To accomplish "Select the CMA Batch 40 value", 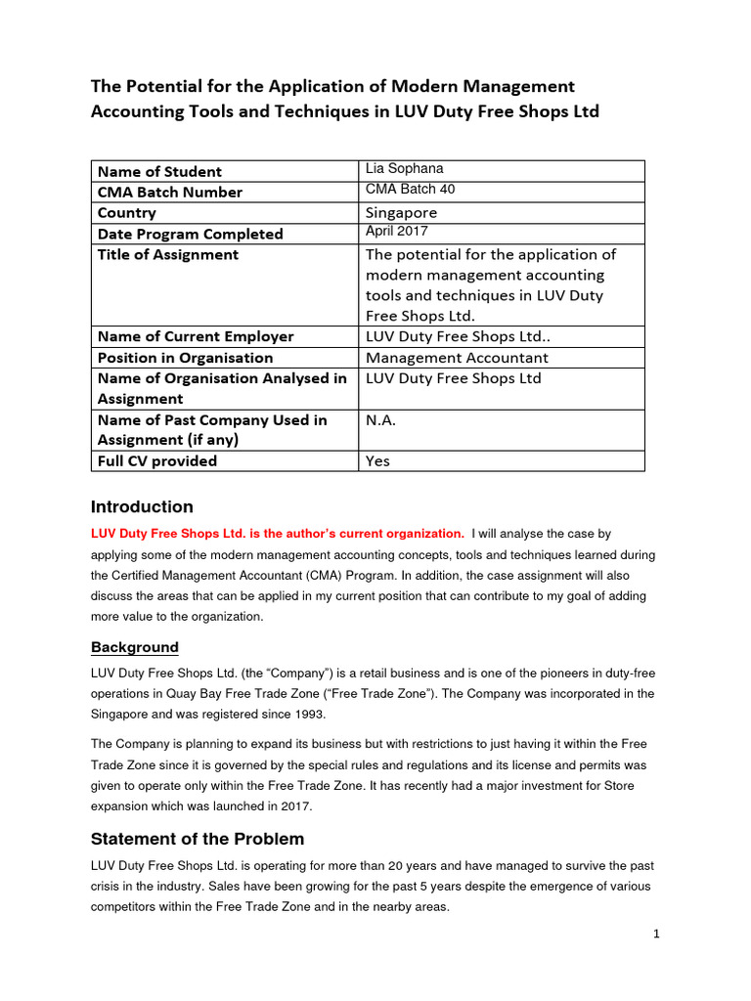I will [x=410, y=189].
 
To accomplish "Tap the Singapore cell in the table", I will [x=401, y=212].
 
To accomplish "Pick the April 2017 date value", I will [x=396, y=231].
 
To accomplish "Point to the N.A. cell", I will [x=380, y=419].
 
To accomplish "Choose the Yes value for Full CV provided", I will [x=377, y=460].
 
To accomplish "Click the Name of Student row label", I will [x=159, y=171].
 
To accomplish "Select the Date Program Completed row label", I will [x=190, y=234].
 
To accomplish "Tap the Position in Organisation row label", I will [x=185, y=357].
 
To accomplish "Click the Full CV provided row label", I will [x=157, y=460].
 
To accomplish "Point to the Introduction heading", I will [x=142, y=506].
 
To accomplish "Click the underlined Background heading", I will [x=135, y=647].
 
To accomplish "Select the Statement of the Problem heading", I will [x=198, y=839].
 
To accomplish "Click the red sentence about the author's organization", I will [x=278, y=534].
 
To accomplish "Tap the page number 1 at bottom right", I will [x=657, y=935].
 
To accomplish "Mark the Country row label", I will [x=126, y=212].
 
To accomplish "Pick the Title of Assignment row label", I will [x=167, y=254].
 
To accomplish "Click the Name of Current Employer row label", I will [x=196, y=336].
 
